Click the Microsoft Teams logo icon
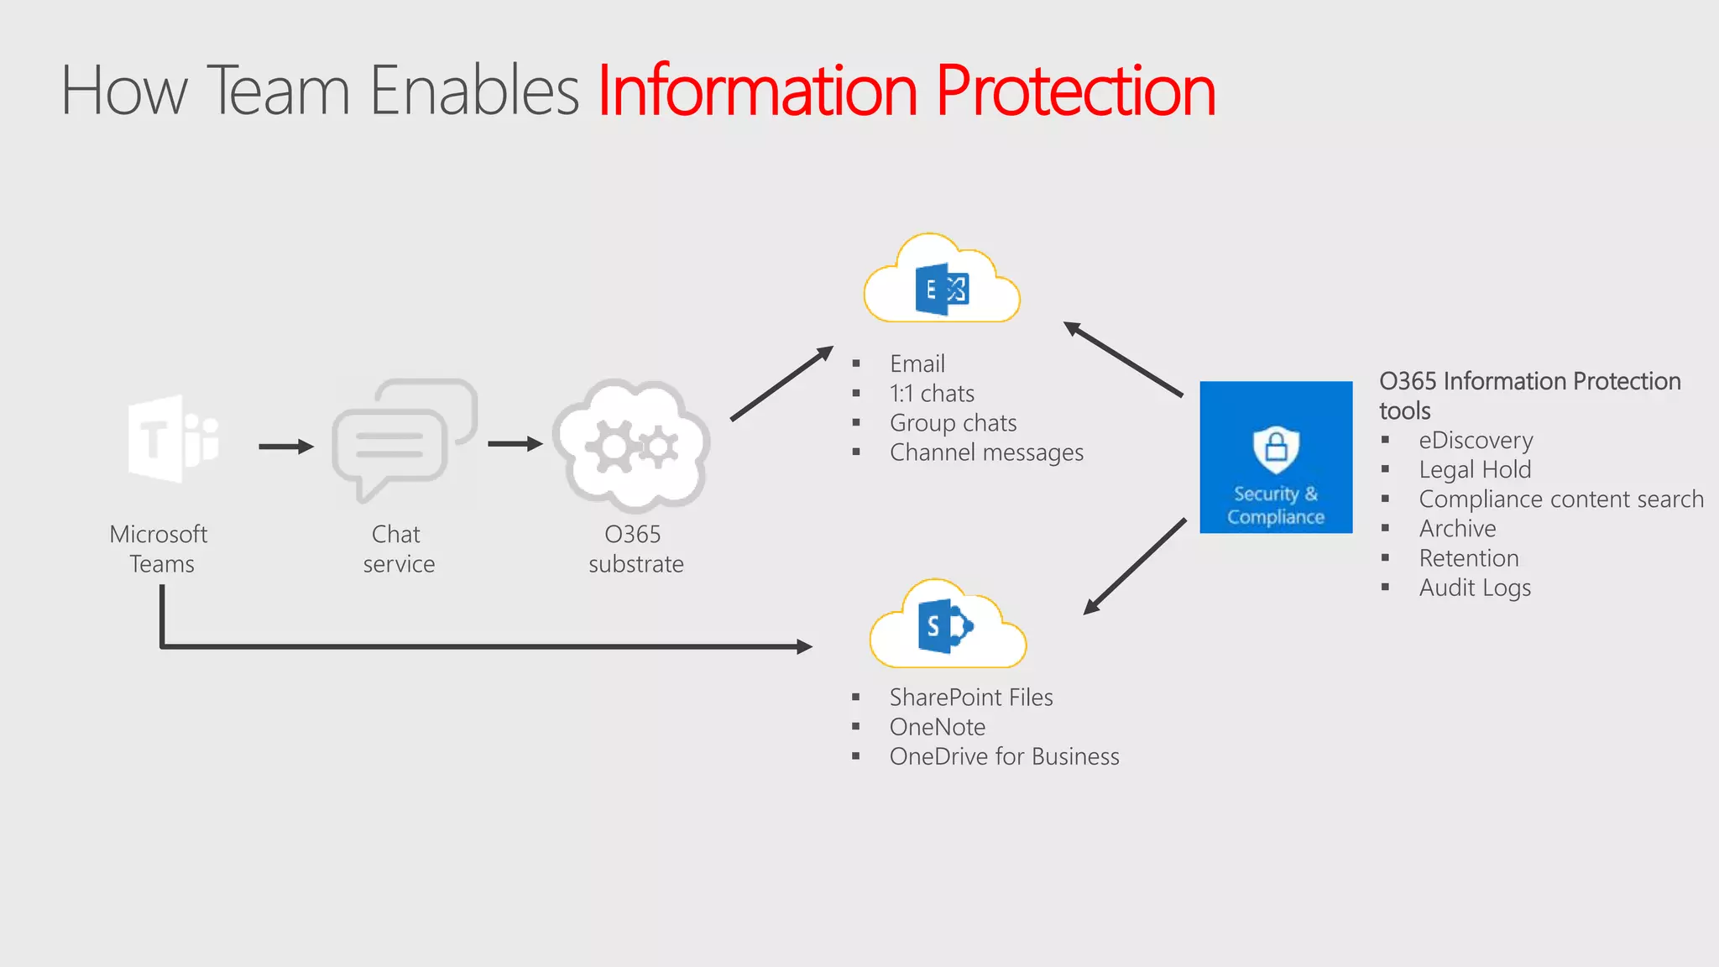coord(174,438)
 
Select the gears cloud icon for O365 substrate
coord(632,446)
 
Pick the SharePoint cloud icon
coord(947,626)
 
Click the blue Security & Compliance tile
coord(1276,457)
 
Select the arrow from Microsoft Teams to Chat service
coord(285,447)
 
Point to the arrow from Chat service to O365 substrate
coord(515,444)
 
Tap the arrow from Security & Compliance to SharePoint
coord(1135,567)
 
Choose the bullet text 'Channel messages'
coord(986,453)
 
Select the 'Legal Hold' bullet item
coord(1475,470)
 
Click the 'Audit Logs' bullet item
coord(1475,588)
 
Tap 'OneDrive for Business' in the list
coord(1004,757)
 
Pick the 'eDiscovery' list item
coord(1476,441)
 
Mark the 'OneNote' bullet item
coord(937,728)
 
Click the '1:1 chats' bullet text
coord(932,394)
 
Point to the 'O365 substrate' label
coord(635,549)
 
